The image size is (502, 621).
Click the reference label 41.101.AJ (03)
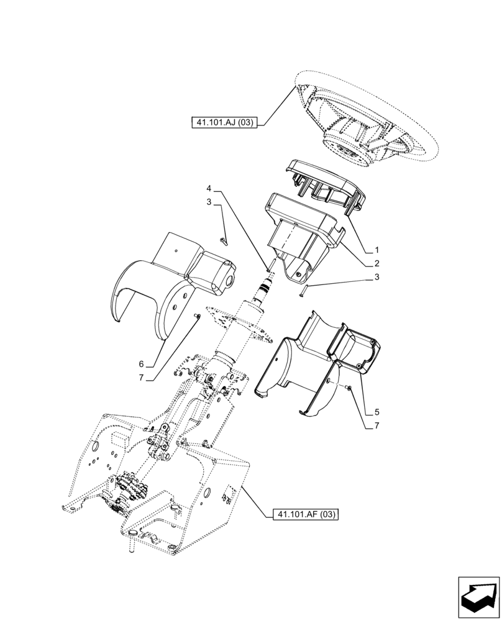(x=224, y=123)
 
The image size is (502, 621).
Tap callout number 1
(x=376, y=250)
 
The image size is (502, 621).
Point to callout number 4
(x=209, y=188)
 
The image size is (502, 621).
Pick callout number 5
(x=376, y=412)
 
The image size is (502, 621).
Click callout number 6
(x=141, y=364)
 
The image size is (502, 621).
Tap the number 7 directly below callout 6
(x=141, y=378)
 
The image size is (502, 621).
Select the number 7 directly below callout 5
(x=376, y=427)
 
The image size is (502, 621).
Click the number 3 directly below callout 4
(x=209, y=202)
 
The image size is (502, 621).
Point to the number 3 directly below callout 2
(x=376, y=279)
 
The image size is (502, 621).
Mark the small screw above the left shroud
(x=224, y=240)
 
